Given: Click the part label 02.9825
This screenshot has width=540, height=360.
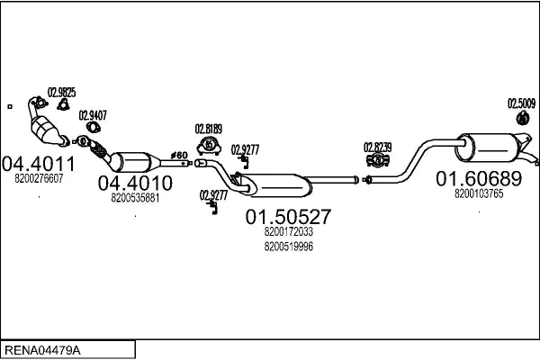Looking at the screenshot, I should [x=61, y=92].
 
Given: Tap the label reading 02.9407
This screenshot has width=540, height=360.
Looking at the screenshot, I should [x=92, y=115].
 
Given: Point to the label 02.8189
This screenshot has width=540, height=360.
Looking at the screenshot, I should [x=209, y=129].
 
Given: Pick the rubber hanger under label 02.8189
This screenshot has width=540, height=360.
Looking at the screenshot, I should [x=209, y=144].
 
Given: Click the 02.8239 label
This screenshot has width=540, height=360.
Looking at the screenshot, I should [x=377, y=147].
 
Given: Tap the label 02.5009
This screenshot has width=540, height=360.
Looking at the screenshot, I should [x=522, y=103].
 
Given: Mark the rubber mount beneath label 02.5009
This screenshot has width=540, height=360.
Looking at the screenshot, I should [x=522, y=118].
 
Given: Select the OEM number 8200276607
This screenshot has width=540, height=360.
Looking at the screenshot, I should [x=39, y=179].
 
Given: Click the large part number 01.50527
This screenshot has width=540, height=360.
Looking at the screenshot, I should [x=288, y=217].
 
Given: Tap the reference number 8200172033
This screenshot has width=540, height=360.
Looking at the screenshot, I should [x=289, y=232].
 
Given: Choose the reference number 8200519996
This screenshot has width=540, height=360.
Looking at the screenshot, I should [x=289, y=247].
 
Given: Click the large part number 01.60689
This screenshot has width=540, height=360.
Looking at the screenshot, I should [x=479, y=178].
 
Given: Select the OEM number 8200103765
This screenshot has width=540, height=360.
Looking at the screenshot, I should [x=479, y=193].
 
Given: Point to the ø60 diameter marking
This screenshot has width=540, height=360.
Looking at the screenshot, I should [x=180, y=155].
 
